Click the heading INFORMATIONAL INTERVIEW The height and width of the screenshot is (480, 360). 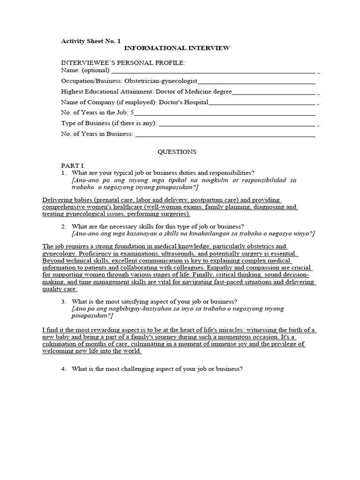(176, 48)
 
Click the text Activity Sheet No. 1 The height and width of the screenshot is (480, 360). (91, 41)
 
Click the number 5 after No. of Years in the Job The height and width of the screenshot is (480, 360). (132, 112)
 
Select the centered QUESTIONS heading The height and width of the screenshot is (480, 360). (177, 152)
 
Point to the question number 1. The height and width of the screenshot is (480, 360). (64, 173)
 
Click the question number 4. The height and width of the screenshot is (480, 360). (64, 369)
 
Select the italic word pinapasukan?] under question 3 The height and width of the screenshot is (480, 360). (90, 316)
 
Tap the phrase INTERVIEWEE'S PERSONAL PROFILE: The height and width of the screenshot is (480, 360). (123, 62)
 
